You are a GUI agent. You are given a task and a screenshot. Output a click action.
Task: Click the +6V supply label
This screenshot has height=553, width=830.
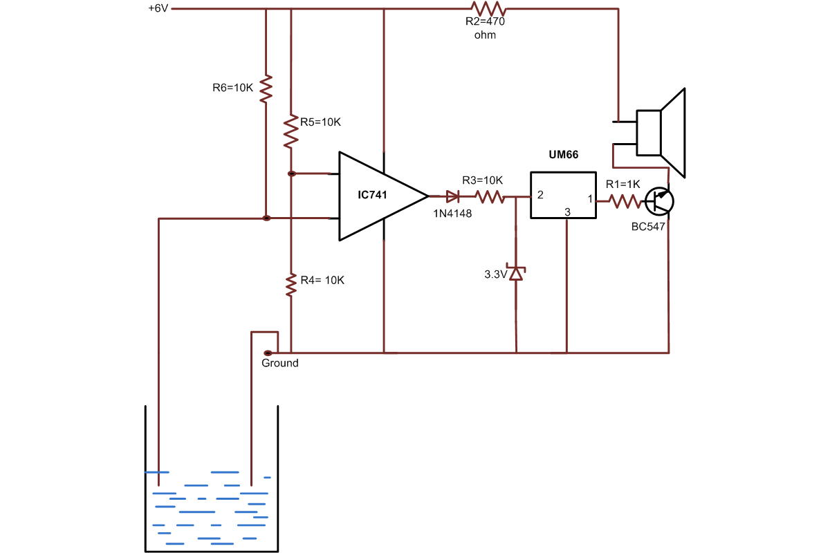(158, 9)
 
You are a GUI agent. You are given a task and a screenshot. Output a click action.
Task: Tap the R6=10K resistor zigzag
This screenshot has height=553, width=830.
(266, 88)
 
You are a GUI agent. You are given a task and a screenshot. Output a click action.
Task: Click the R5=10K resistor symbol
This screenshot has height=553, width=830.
(291, 131)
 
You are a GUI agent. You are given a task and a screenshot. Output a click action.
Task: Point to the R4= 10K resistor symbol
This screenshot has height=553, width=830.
(291, 283)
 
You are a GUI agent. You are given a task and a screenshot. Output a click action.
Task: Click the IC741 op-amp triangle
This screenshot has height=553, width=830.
(377, 196)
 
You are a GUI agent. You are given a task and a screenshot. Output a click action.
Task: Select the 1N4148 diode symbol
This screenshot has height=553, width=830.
(453, 196)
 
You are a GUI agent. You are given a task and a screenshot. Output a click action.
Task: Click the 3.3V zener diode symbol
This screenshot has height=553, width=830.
(517, 272)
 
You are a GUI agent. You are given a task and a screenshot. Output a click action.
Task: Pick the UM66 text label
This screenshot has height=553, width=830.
(563, 157)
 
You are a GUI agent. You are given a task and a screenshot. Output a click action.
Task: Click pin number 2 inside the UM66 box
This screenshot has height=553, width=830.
(540, 195)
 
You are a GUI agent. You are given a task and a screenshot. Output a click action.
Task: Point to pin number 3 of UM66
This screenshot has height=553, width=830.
(566, 212)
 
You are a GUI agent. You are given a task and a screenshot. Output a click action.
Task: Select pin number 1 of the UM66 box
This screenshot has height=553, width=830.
(590, 199)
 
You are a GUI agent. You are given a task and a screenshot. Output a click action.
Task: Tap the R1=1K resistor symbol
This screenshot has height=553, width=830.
(625, 201)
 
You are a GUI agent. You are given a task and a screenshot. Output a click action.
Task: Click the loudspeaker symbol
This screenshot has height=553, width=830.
(661, 133)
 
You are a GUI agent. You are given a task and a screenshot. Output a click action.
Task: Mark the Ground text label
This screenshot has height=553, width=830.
(280, 363)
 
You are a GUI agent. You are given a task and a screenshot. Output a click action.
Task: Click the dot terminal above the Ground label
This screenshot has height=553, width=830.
(268, 353)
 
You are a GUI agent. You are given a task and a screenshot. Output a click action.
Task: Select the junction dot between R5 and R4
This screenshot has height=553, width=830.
(291, 174)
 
